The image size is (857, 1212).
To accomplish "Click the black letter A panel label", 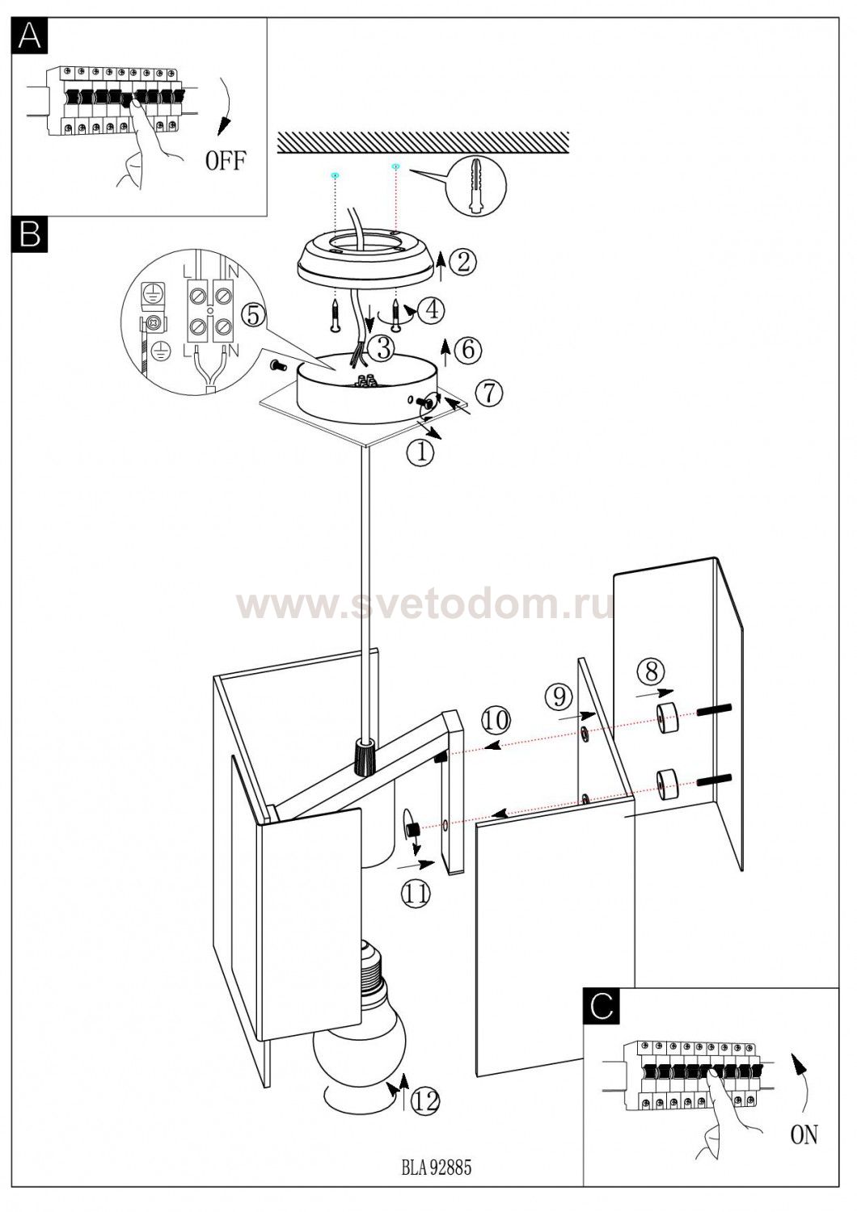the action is pyautogui.click(x=30, y=36).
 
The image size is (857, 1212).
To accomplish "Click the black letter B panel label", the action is pyautogui.click(x=30, y=234).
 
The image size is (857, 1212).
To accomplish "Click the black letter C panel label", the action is pyautogui.click(x=602, y=1006).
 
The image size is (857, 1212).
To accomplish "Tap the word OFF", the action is pyautogui.click(x=226, y=161).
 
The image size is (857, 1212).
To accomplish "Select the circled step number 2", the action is pyautogui.click(x=463, y=263).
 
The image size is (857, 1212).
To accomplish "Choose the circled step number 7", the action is pyautogui.click(x=489, y=393).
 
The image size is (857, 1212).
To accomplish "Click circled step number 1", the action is pyautogui.click(x=420, y=452).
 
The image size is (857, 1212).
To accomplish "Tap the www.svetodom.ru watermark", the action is pyautogui.click(x=425, y=605).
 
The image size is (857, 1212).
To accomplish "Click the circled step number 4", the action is pyautogui.click(x=432, y=310).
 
